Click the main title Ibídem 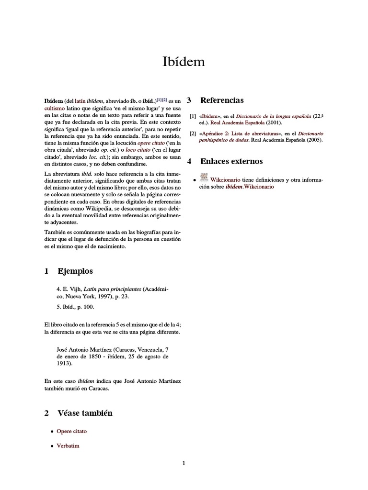click(x=184, y=62)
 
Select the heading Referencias click(x=222, y=100)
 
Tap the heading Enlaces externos click(x=231, y=161)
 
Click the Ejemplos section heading click(x=75, y=271)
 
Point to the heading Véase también click(x=85, y=413)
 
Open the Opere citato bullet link click(x=71, y=431)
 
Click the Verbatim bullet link click(x=68, y=446)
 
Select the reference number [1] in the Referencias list click(x=193, y=116)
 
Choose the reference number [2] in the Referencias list click(x=193, y=134)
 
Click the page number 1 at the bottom click(x=184, y=463)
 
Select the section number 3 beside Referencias click(x=189, y=100)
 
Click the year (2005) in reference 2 click(x=314, y=140)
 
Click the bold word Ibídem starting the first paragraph click(x=54, y=101)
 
